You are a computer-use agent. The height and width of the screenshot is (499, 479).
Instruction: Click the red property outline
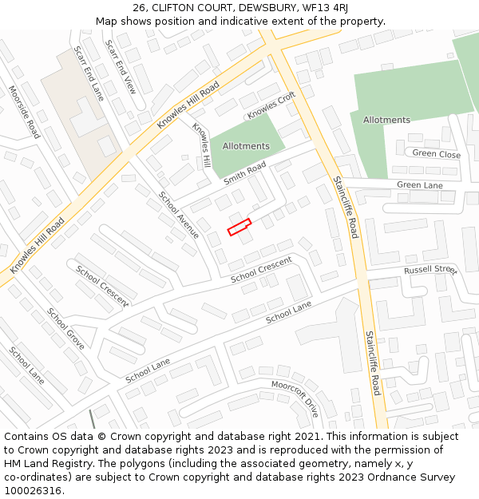point(239,227)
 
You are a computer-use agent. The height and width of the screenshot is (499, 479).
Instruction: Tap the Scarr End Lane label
point(89,73)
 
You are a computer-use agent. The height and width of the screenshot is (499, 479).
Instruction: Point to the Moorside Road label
point(24,112)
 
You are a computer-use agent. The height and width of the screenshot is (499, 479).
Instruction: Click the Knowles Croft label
point(271,105)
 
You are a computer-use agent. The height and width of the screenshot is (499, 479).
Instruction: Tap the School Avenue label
point(178,215)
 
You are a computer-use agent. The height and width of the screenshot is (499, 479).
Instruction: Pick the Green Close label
point(436,154)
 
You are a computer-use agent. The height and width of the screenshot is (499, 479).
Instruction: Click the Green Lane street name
point(419,185)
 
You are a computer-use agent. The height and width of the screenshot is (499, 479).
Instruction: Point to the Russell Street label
point(430,270)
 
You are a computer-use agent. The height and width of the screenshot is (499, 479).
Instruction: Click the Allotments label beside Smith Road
point(246,146)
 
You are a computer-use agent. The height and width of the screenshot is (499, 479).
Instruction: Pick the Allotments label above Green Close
point(386,120)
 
